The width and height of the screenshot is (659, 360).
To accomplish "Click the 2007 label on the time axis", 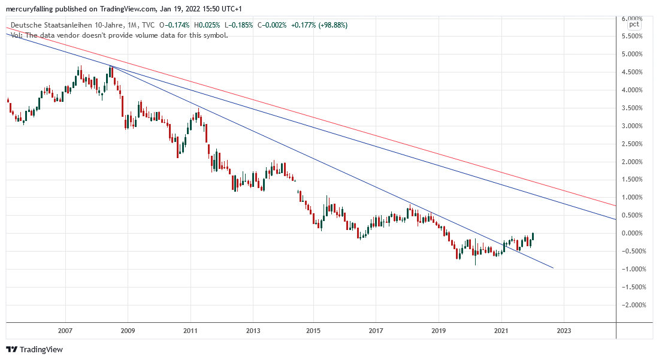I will click(65, 331).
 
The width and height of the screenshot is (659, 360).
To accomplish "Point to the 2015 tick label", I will click(313, 331).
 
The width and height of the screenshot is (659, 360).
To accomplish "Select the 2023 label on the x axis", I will click(564, 331).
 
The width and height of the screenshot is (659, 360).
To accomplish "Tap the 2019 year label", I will click(438, 331).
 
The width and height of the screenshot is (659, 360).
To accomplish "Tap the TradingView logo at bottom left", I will click(34, 349).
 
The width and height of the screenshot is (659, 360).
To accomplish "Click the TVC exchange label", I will click(148, 25).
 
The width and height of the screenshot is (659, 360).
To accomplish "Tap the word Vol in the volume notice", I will click(16, 35).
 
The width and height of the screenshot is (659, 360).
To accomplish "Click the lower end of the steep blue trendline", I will click(552, 268).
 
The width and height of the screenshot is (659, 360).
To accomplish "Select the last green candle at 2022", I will click(532, 237).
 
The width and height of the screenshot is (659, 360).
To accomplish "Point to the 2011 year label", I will click(190, 331).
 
